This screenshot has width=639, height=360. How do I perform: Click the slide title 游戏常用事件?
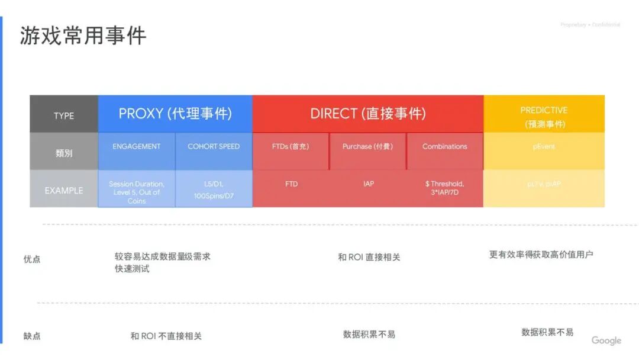coord(83,36)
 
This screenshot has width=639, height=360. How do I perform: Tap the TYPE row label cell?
coord(64,115)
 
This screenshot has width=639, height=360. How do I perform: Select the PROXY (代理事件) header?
coord(175,114)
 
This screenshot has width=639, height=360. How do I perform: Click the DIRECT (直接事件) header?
coord(367,114)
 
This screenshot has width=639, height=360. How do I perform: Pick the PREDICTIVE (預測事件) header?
coord(544,117)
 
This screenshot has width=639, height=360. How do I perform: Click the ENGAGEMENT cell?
coord(137,146)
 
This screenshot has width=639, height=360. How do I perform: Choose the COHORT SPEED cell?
coord(214,146)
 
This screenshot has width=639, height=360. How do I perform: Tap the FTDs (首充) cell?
coord(291,146)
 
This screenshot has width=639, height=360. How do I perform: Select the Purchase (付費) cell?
coord(367,146)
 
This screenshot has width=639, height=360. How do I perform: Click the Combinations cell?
coord(444,146)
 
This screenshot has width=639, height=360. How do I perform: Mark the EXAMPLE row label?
coord(64,191)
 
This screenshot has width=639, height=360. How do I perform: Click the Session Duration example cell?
coord(137,192)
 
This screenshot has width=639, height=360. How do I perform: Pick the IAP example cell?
coord(369,184)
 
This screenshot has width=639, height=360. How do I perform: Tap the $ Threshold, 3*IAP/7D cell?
coord(444,188)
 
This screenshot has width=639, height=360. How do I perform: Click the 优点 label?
coord(32,259)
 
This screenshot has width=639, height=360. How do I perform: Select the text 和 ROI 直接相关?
coord(369,257)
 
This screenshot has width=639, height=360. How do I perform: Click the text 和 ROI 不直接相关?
coord(166,336)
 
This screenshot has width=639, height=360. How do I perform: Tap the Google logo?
coord(606,340)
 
